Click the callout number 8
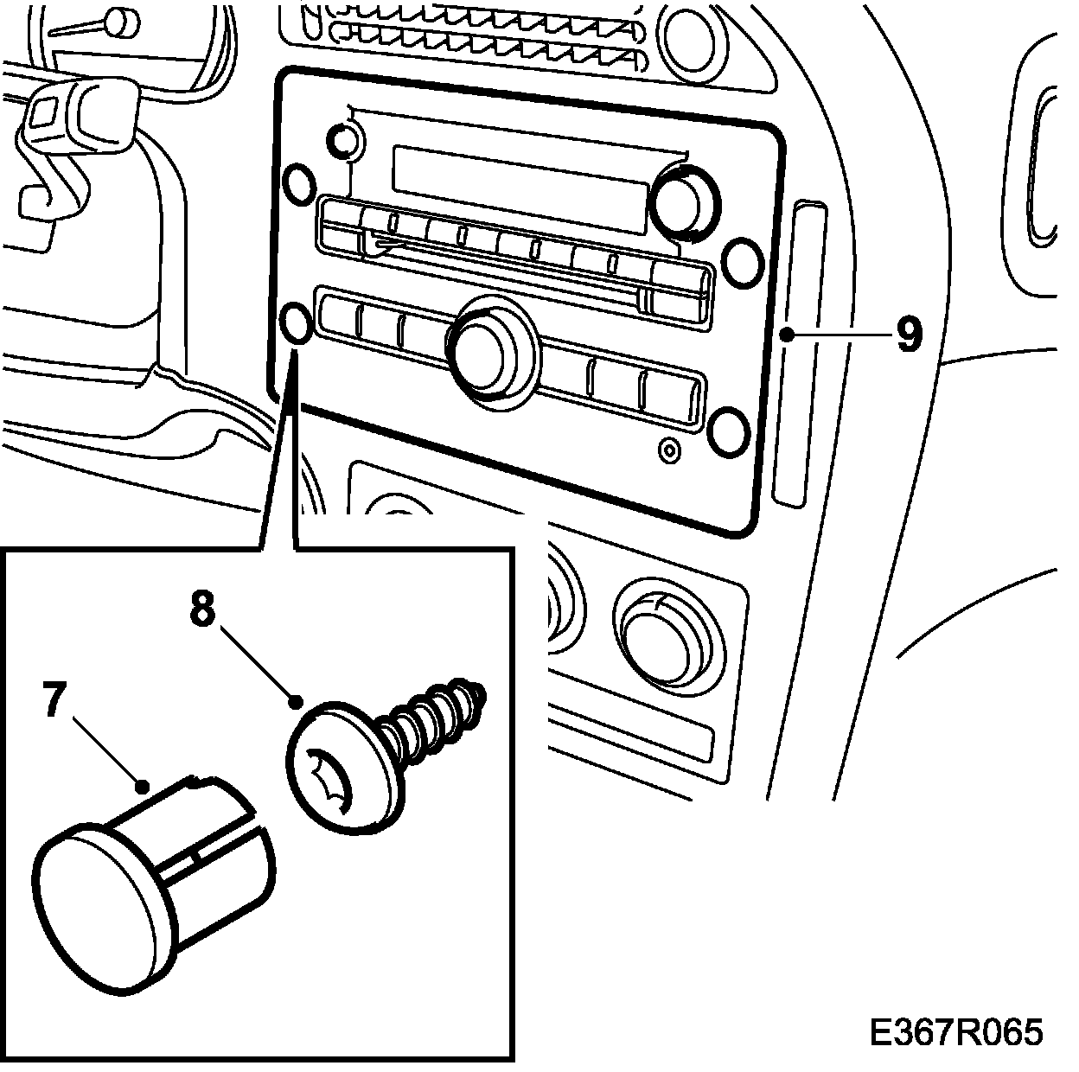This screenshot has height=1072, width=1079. coord(201,609)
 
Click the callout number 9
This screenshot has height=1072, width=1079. coord(908,335)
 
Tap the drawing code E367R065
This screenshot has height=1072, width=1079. coord(955,1032)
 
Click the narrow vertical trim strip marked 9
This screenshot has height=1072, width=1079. coord(800,354)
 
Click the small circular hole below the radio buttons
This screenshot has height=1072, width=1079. coord(667,450)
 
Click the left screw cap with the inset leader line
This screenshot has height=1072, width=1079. coord(297,323)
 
